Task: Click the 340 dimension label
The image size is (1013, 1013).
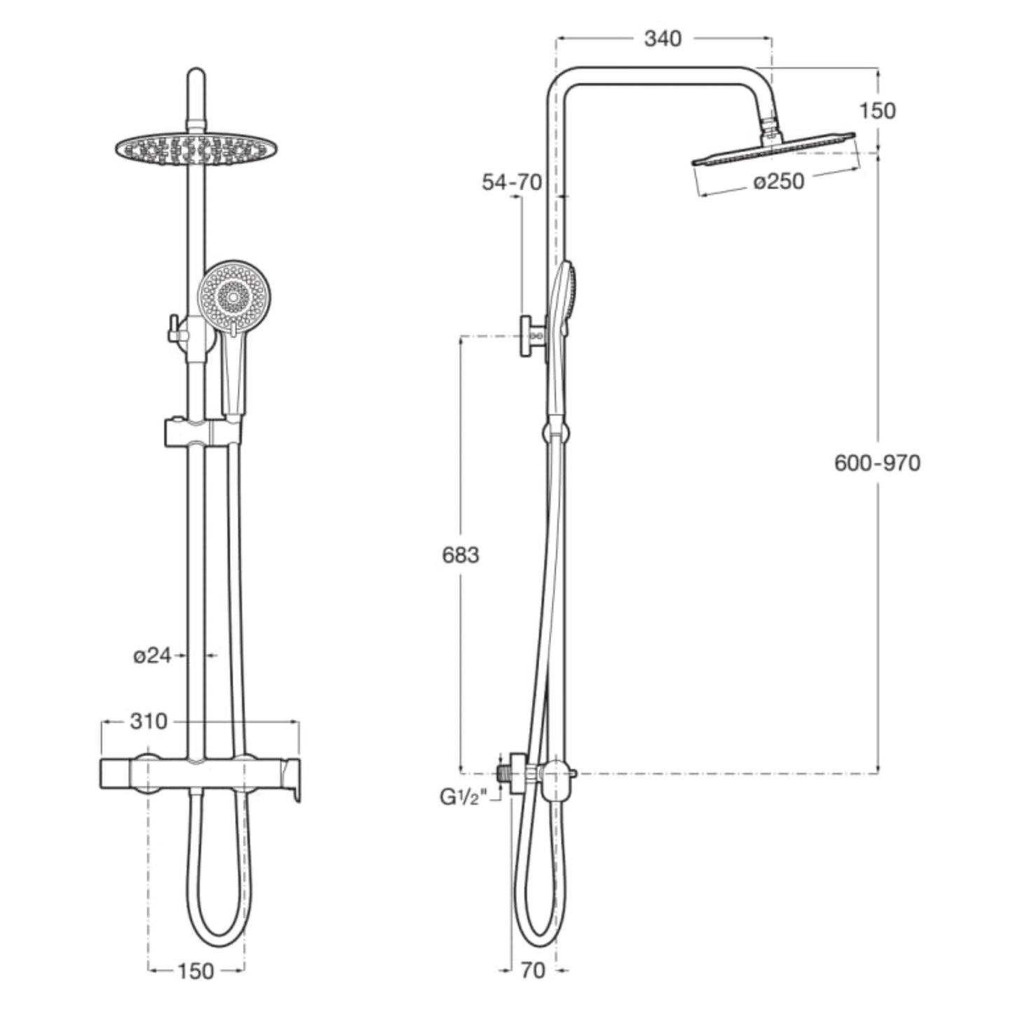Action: pyautogui.click(x=662, y=39)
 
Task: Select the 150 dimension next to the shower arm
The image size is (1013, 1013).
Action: pyautogui.click(x=878, y=111)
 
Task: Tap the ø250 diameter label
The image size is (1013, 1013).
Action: pyautogui.click(x=779, y=182)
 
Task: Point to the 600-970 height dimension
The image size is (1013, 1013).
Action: pyautogui.click(x=878, y=463)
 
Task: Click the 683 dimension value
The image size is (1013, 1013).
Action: pyautogui.click(x=461, y=555)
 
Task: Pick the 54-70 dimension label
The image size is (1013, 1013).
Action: pyautogui.click(x=512, y=182)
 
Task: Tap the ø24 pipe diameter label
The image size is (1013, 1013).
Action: pyautogui.click(x=152, y=655)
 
